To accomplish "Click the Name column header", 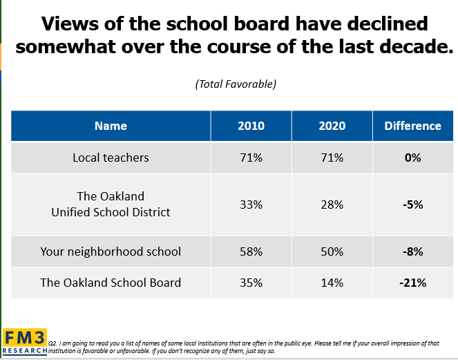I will (111, 126).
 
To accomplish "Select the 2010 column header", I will (251, 126).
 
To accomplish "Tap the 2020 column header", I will (332, 126).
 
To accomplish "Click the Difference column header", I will (412, 126).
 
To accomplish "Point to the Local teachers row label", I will (111, 158).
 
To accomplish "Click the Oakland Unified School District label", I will (111, 204).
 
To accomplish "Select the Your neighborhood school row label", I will (111, 252).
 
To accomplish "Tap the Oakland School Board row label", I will (111, 282).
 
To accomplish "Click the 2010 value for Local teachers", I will (251, 158).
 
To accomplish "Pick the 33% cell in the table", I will (251, 205).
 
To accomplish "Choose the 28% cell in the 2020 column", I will (332, 205).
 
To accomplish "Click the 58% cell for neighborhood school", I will (251, 252).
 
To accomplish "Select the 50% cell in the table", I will (332, 252).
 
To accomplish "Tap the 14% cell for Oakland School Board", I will (332, 282).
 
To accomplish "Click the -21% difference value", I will (413, 282).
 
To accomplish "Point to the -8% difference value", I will (413, 252).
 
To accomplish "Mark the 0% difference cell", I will (413, 158).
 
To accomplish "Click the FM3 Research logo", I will (25, 341).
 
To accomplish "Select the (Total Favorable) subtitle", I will (236, 84).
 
